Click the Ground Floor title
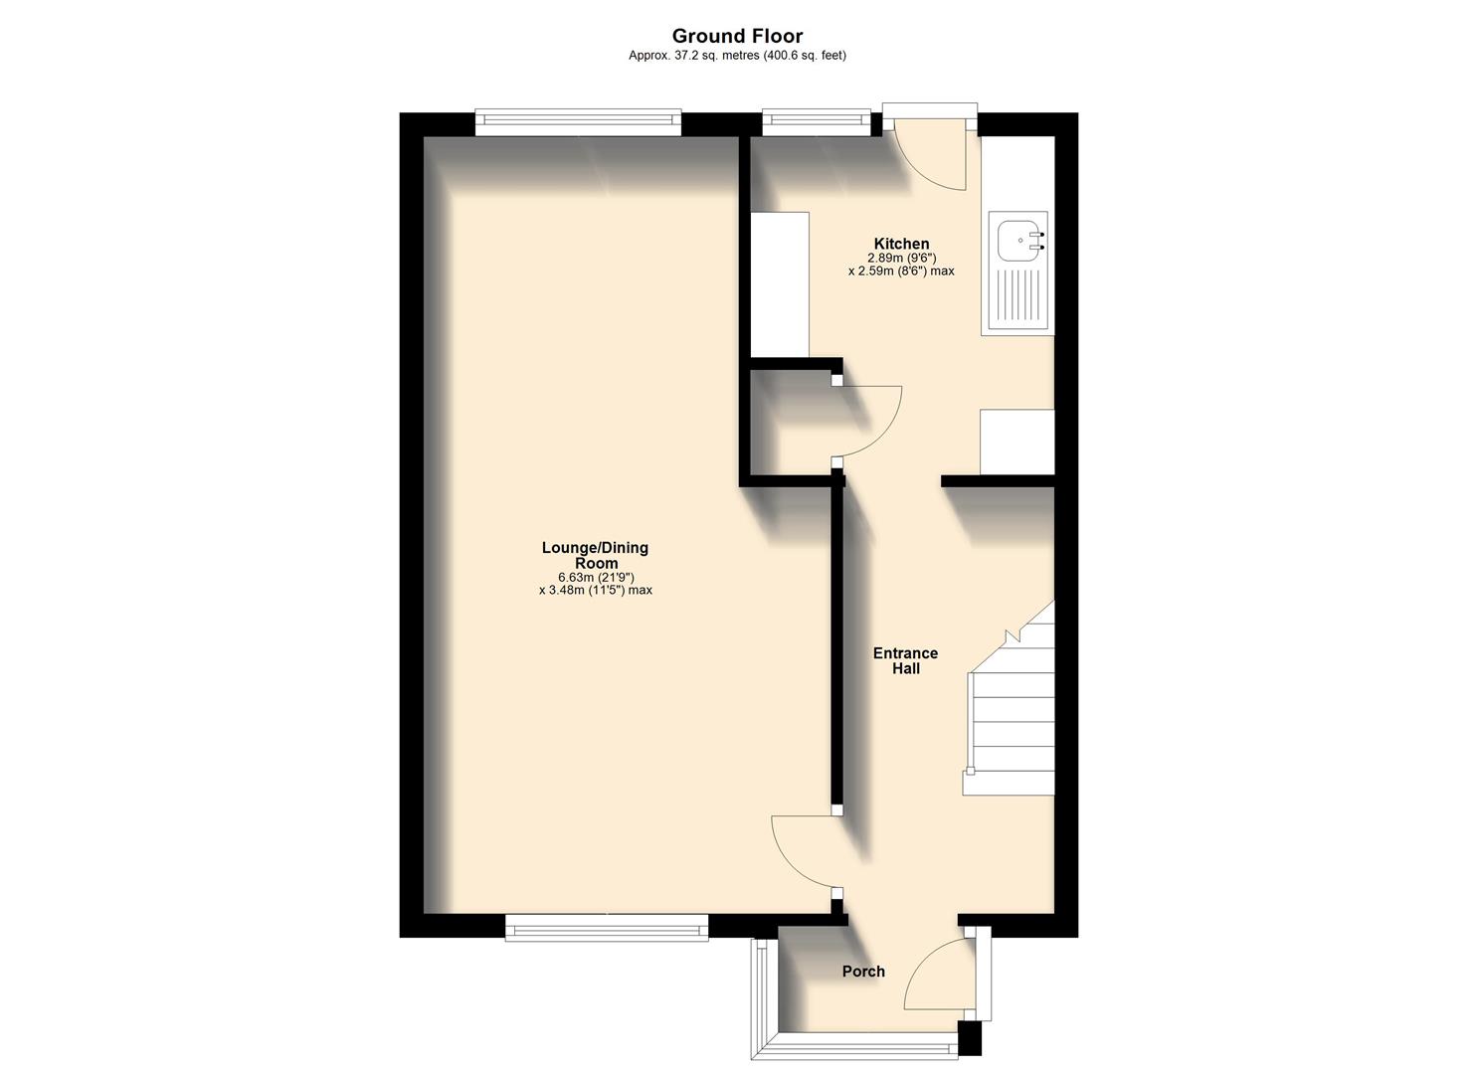click(737, 37)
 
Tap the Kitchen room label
click(901, 244)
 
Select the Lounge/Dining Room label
click(595, 555)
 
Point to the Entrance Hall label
click(905, 660)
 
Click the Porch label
click(863, 972)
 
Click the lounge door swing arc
click(804, 855)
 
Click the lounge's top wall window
click(578, 122)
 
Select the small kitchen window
click(816, 121)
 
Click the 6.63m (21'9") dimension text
click(595, 577)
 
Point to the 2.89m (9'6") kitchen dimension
click(900, 258)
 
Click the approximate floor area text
click(737, 56)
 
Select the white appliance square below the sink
click(1016, 442)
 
